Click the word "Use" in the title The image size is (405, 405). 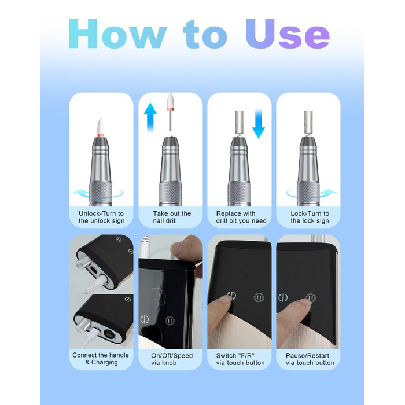click(288, 34)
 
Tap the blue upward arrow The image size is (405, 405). click(150, 117)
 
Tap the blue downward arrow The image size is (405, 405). click(258, 123)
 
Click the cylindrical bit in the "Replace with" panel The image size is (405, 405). click(239, 122)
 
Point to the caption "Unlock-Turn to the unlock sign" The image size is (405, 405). click(101, 217)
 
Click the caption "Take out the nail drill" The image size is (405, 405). click(172, 217)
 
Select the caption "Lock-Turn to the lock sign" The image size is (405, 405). click(310, 217)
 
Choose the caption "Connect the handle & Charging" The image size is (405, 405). click(101, 359)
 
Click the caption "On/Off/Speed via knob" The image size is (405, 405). click(172, 359)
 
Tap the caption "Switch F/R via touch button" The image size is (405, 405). click(240, 359)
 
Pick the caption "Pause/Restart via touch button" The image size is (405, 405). click(310, 359)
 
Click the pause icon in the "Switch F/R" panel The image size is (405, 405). click(259, 297)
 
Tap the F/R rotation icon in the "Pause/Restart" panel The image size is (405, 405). click(283, 297)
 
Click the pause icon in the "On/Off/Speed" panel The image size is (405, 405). click(170, 321)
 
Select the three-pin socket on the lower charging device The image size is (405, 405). click(109, 333)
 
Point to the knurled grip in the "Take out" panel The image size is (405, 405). click(171, 194)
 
